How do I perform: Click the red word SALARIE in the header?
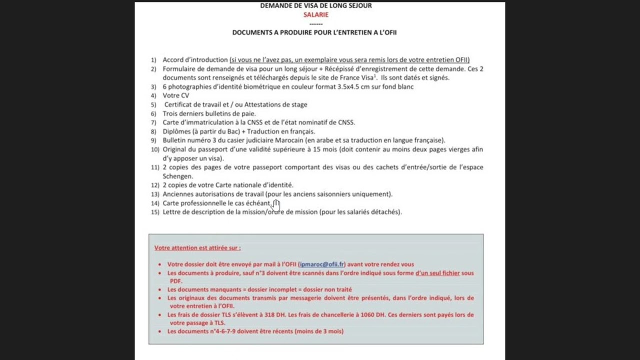pyautogui.click(x=315, y=14)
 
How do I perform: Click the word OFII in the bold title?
pyautogui.click(x=388, y=32)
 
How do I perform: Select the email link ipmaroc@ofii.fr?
pyautogui.click(x=321, y=264)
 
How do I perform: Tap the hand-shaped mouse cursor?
pyautogui.click(x=276, y=205)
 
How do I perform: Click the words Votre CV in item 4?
pyautogui.click(x=175, y=95)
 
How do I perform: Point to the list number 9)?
pyautogui.click(x=153, y=140)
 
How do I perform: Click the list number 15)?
pyautogui.click(x=155, y=212)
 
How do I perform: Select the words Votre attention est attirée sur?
pyautogui.click(x=197, y=247)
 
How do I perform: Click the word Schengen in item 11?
pyautogui.click(x=177, y=176)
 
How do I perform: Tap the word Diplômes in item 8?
pyautogui.click(x=176, y=131)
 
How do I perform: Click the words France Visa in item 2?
pyautogui.click(x=356, y=78)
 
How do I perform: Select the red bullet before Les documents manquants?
pyautogui.click(x=159, y=290)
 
